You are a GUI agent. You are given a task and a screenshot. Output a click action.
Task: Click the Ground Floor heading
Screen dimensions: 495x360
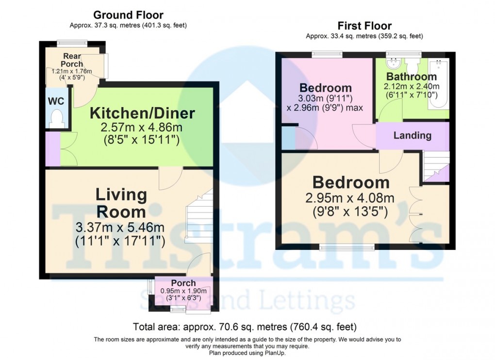128,15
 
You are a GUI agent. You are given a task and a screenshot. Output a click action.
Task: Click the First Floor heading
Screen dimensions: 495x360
364,26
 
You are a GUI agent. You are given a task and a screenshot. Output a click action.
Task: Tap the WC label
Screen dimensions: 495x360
56,101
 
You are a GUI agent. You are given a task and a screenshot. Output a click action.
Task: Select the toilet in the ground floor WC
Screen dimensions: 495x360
57,119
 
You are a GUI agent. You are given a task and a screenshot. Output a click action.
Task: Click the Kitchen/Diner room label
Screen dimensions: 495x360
142,113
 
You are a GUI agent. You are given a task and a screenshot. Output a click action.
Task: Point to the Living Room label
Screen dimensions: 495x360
121,203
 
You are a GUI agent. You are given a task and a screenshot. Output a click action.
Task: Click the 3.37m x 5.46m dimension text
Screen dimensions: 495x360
120,227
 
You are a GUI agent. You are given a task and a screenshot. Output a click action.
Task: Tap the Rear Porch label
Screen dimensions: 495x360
72,60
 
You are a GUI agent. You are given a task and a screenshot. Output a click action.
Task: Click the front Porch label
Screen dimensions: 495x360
183,283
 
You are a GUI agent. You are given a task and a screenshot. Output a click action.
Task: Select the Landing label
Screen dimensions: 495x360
412,135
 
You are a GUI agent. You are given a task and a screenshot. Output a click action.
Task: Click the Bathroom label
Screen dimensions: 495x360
412,76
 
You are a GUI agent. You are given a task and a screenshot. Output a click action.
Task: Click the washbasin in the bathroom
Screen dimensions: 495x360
394,63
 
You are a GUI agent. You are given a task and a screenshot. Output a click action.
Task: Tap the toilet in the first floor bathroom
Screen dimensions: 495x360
412,65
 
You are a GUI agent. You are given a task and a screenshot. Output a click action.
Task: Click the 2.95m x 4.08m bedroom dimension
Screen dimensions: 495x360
350,198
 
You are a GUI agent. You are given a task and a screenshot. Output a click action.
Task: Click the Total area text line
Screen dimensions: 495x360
245,327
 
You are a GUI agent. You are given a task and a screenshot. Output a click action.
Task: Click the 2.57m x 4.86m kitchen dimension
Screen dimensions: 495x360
141,128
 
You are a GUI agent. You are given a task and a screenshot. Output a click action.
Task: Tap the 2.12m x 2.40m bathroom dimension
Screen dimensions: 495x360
412,86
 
